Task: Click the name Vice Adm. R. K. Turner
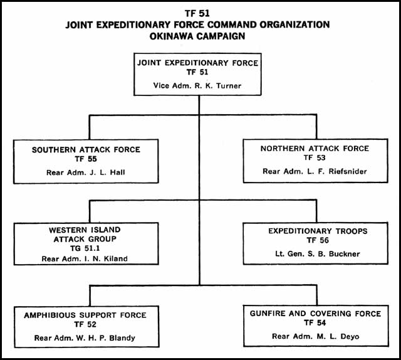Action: tap(197, 85)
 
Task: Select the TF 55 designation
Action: tap(86, 159)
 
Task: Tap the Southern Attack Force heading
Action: tap(86, 149)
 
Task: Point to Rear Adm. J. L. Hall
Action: tap(86, 172)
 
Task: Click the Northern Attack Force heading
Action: tap(315, 149)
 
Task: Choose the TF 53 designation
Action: tap(315, 157)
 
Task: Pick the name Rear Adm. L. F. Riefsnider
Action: tap(315, 171)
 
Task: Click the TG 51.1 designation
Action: tap(85, 248)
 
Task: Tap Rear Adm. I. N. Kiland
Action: tap(85, 259)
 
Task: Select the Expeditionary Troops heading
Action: tap(318, 231)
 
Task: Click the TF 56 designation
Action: tap(318, 240)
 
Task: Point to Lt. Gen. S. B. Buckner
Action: tap(318, 254)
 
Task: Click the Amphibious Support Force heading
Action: tap(85, 315)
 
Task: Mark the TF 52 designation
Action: tap(85, 325)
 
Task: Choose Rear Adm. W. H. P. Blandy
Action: tap(85, 338)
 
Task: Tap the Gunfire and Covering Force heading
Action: tap(315, 314)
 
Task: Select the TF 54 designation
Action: tap(315, 323)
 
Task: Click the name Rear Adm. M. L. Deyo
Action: tap(316, 336)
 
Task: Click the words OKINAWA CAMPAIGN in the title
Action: tap(197, 36)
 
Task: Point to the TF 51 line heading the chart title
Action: tap(197, 13)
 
